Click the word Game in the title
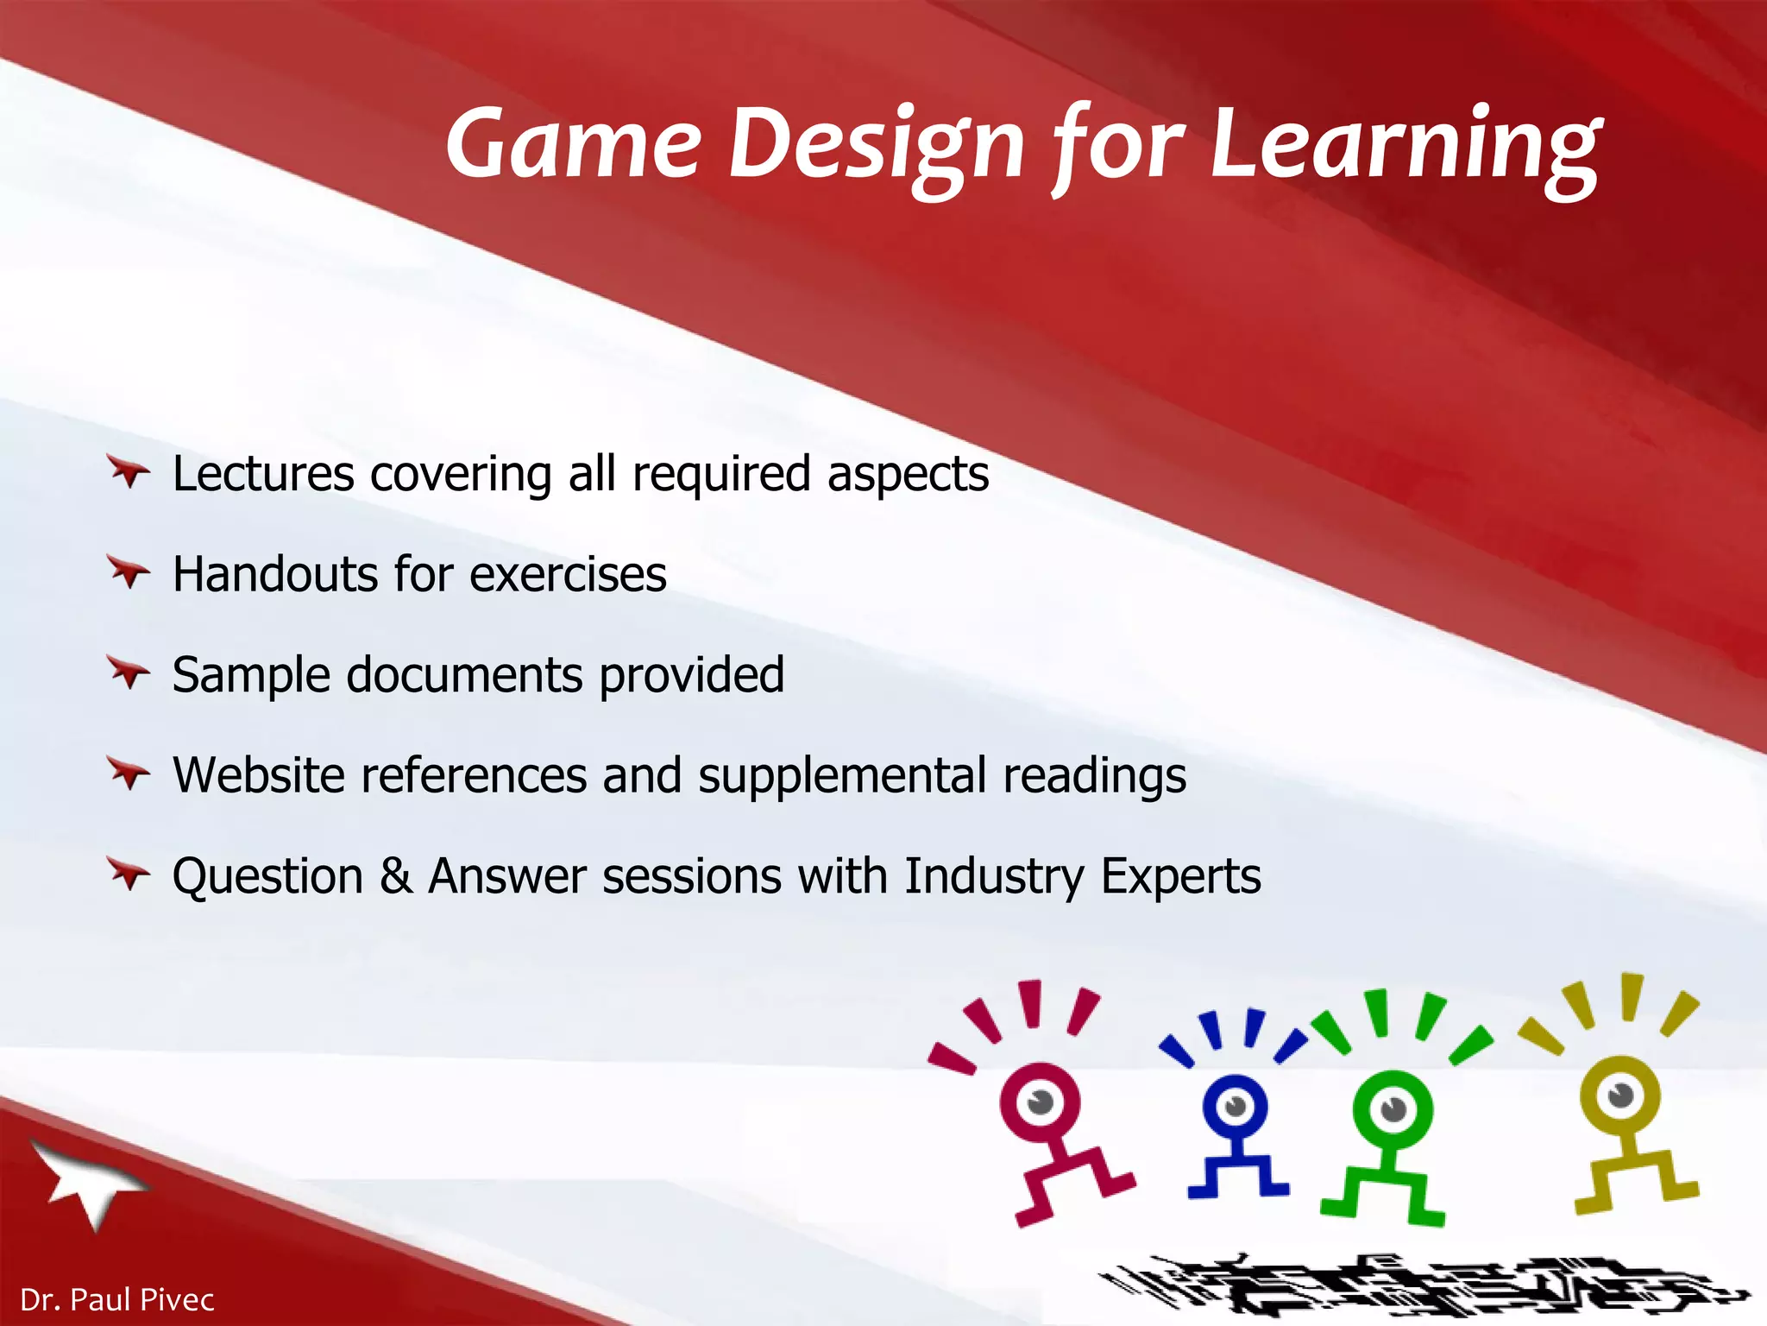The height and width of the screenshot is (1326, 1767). (x=573, y=142)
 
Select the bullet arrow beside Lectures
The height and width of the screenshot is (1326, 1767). (x=129, y=472)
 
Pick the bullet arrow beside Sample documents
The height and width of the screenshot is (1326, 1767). (x=129, y=672)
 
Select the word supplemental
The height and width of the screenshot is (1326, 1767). (x=842, y=775)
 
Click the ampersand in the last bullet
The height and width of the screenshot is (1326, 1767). (x=395, y=875)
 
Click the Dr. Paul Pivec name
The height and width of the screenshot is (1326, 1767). (x=116, y=1299)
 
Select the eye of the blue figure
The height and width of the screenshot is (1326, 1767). (x=1236, y=1106)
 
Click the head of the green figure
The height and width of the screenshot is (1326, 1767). (x=1392, y=1109)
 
